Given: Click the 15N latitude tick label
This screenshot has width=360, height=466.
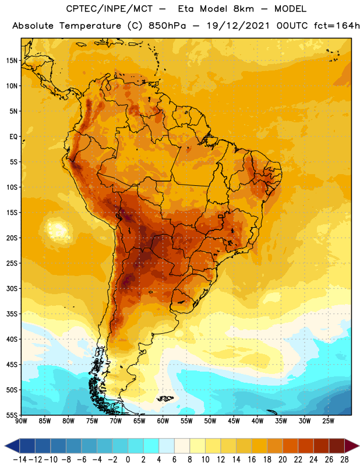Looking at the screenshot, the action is click(12, 61).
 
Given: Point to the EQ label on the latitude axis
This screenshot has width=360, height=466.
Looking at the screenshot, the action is click(13, 137).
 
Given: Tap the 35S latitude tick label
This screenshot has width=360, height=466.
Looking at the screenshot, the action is click(12, 314).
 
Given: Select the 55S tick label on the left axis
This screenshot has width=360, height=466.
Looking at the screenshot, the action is click(12, 415).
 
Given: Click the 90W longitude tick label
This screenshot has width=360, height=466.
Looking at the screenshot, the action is click(22, 421).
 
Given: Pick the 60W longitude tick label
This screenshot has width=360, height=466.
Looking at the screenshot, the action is click(163, 421).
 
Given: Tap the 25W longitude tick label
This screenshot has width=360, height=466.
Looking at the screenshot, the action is click(328, 421).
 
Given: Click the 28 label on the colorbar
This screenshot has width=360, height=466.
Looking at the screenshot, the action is click(344, 460).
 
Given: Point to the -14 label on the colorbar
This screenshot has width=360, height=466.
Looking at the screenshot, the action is click(20, 460).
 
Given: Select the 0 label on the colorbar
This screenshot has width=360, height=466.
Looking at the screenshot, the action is click(128, 460).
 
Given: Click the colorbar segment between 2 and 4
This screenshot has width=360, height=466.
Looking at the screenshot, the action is click(151, 446).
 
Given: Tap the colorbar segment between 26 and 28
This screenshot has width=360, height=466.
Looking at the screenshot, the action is click(337, 446).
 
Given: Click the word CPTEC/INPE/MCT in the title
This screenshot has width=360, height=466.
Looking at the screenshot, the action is click(109, 9).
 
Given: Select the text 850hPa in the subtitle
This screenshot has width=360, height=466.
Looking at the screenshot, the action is click(167, 26).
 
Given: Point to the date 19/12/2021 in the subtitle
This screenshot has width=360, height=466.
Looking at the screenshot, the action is click(238, 26).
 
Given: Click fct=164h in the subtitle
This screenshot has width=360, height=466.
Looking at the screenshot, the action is click(337, 26).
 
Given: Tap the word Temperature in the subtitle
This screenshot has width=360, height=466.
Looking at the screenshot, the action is click(90, 26).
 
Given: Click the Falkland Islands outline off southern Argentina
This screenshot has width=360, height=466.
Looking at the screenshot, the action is click(165, 398).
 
